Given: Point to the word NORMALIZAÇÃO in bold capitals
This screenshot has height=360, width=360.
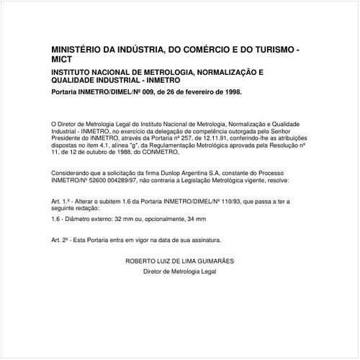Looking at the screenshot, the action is [x=218, y=73].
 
